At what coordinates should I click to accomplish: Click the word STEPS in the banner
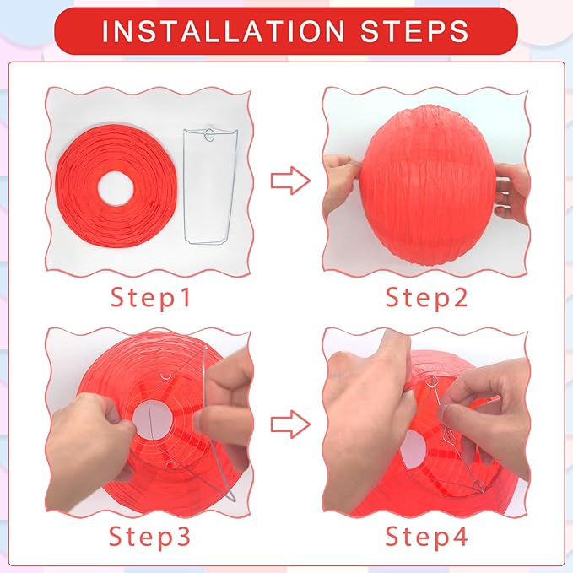coord(413,31)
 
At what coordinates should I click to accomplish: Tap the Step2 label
coord(427,297)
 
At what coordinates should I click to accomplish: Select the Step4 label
coord(427,536)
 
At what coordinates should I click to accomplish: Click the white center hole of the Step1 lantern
coord(118,187)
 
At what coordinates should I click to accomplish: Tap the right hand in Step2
coord(513,190)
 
